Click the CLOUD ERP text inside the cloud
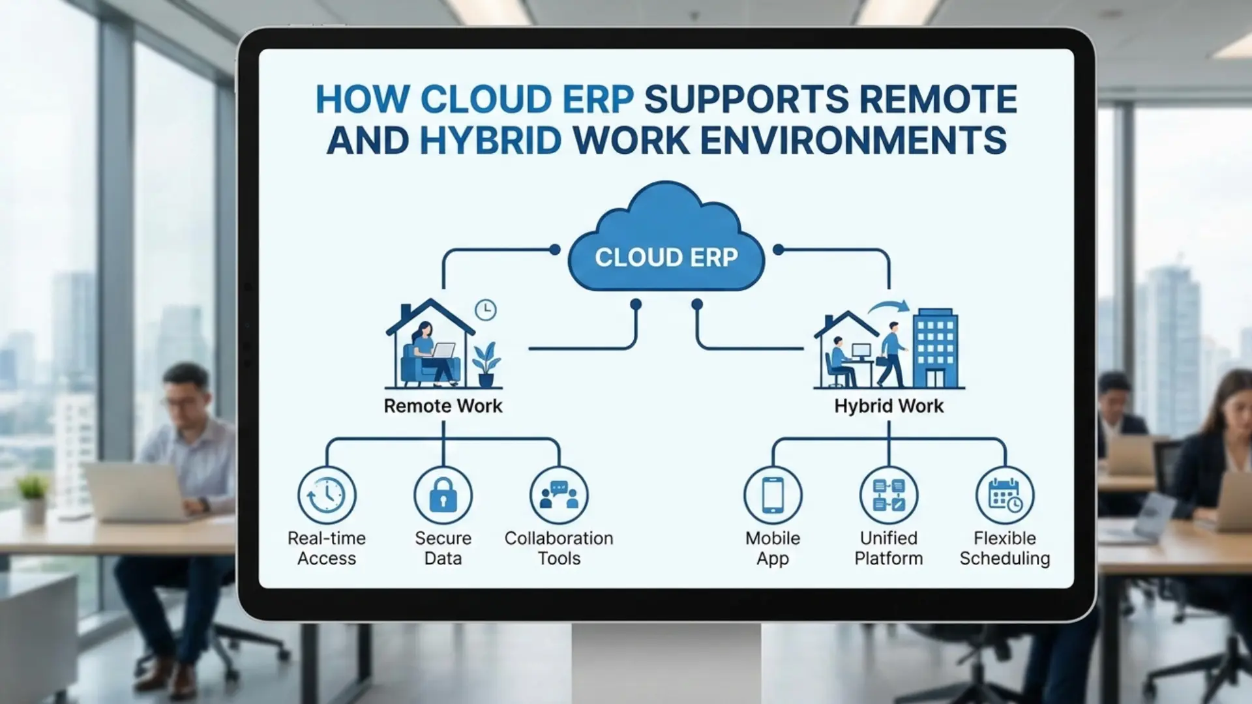tap(666, 257)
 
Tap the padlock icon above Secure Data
tap(443, 495)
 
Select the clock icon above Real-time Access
tap(327, 495)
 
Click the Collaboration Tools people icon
tap(559, 495)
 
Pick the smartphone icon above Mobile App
tap(773, 495)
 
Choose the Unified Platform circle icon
tap(889, 495)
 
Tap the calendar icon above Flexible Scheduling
tap(1005, 495)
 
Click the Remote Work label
tap(443, 405)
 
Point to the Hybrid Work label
tap(889, 405)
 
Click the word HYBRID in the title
tap(490, 140)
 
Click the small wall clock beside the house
tap(485, 310)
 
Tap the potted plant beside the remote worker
tap(486, 365)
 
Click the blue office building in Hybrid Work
tap(935, 349)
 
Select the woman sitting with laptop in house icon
tap(427, 355)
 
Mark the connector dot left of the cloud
tap(555, 250)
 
